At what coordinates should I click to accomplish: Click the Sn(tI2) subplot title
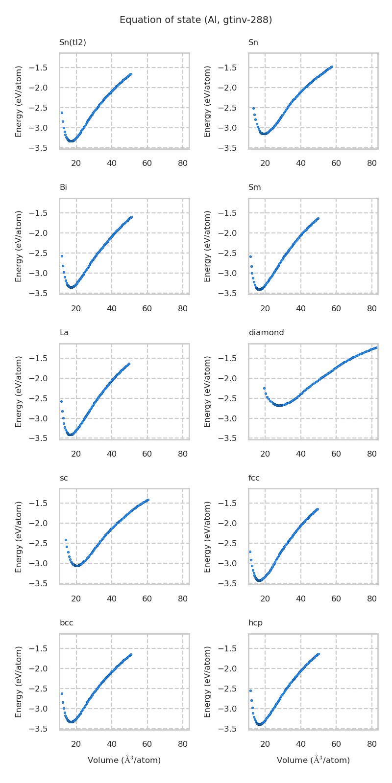click(x=73, y=43)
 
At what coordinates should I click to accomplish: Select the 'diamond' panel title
click(x=266, y=333)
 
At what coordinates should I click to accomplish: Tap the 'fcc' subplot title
click(x=254, y=478)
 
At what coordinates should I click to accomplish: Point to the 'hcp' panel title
click(x=255, y=623)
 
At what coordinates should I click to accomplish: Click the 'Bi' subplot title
click(x=63, y=187)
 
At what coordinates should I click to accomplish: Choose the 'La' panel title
click(x=64, y=333)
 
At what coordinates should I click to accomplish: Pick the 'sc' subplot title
click(x=64, y=478)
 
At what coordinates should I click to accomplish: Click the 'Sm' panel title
click(x=255, y=187)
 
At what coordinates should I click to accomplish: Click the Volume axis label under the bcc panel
click(x=124, y=760)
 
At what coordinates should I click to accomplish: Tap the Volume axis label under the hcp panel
click(x=313, y=760)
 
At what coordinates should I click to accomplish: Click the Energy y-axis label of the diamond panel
click(x=208, y=391)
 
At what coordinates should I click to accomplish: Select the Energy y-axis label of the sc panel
click(x=19, y=536)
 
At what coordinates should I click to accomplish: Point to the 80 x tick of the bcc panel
click(x=183, y=744)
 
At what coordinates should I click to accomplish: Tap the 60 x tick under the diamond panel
click(x=336, y=454)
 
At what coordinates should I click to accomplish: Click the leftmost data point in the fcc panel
click(x=250, y=552)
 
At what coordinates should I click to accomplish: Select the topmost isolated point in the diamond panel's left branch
click(x=264, y=388)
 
